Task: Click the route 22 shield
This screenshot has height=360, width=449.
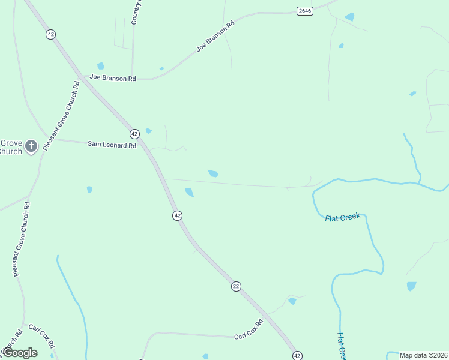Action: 236,287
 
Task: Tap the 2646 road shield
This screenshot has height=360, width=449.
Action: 305,11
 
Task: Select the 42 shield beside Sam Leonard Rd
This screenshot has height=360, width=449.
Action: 134,133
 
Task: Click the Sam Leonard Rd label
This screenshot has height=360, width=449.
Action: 112,145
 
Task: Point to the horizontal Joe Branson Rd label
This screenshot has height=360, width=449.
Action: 113,78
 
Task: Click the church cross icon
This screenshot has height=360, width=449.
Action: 32,145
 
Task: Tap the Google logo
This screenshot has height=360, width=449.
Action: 20,353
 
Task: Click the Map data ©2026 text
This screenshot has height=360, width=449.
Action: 423,355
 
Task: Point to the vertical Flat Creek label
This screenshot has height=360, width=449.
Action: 341,346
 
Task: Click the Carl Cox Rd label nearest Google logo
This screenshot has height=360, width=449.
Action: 41,336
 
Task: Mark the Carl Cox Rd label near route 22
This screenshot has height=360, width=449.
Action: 249,329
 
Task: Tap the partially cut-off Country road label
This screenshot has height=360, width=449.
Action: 136,12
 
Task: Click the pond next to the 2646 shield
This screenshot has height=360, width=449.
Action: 349,17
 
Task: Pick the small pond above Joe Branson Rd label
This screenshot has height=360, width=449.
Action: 100,66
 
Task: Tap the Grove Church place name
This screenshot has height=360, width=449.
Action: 11,147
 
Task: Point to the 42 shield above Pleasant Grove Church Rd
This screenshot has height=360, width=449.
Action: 50,35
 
